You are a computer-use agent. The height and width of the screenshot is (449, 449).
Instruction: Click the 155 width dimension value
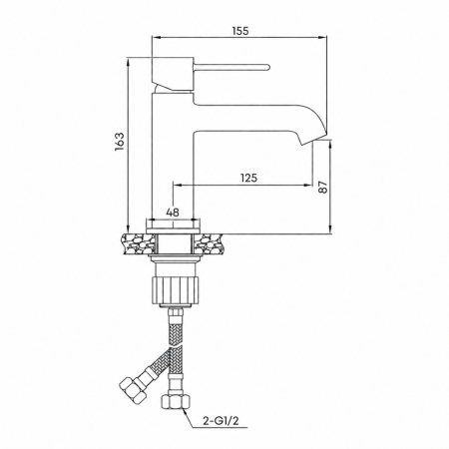pyautogui.click(x=240, y=31)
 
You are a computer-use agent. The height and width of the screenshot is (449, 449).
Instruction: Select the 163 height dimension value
pyautogui.click(x=120, y=142)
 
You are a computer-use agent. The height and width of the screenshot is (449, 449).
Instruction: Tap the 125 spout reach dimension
pyautogui.click(x=248, y=178)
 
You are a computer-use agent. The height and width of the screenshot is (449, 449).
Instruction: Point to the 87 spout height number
pyautogui.click(x=323, y=188)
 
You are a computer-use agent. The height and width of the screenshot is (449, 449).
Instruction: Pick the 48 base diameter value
pyautogui.click(x=173, y=213)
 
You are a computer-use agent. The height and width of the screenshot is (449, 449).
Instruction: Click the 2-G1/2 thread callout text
pyautogui.click(x=221, y=421)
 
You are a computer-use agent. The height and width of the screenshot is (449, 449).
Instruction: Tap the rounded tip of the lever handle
pyautogui.click(x=267, y=67)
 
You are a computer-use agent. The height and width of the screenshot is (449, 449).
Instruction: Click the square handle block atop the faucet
pyautogui.click(x=173, y=74)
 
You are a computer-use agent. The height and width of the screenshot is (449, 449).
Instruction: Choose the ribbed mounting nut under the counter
pyautogui.click(x=175, y=288)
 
